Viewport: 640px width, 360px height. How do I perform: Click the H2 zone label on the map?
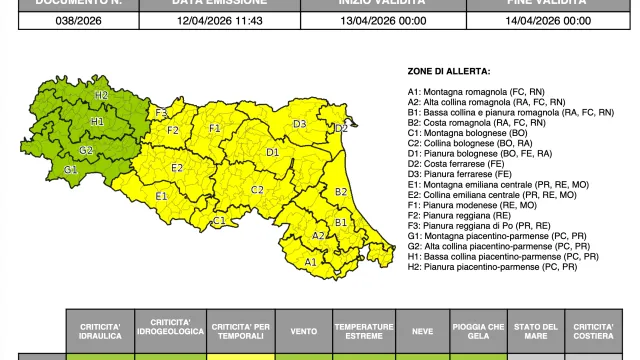pyautogui.click(x=101, y=95)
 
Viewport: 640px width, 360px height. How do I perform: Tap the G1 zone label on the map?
pyautogui.click(x=71, y=170)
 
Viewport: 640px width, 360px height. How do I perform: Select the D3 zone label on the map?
pyautogui.click(x=299, y=124)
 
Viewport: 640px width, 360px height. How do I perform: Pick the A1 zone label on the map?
pyautogui.click(x=310, y=262)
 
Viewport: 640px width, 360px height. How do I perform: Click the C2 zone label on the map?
pyautogui.click(x=257, y=189)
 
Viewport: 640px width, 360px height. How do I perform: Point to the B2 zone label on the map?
pyautogui.click(x=340, y=191)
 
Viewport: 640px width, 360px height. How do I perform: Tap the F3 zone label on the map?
pyautogui.click(x=161, y=113)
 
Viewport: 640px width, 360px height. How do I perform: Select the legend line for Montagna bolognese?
pyautogui.click(x=467, y=132)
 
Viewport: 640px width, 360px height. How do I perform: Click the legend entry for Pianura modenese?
pyautogui.click(x=463, y=204)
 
